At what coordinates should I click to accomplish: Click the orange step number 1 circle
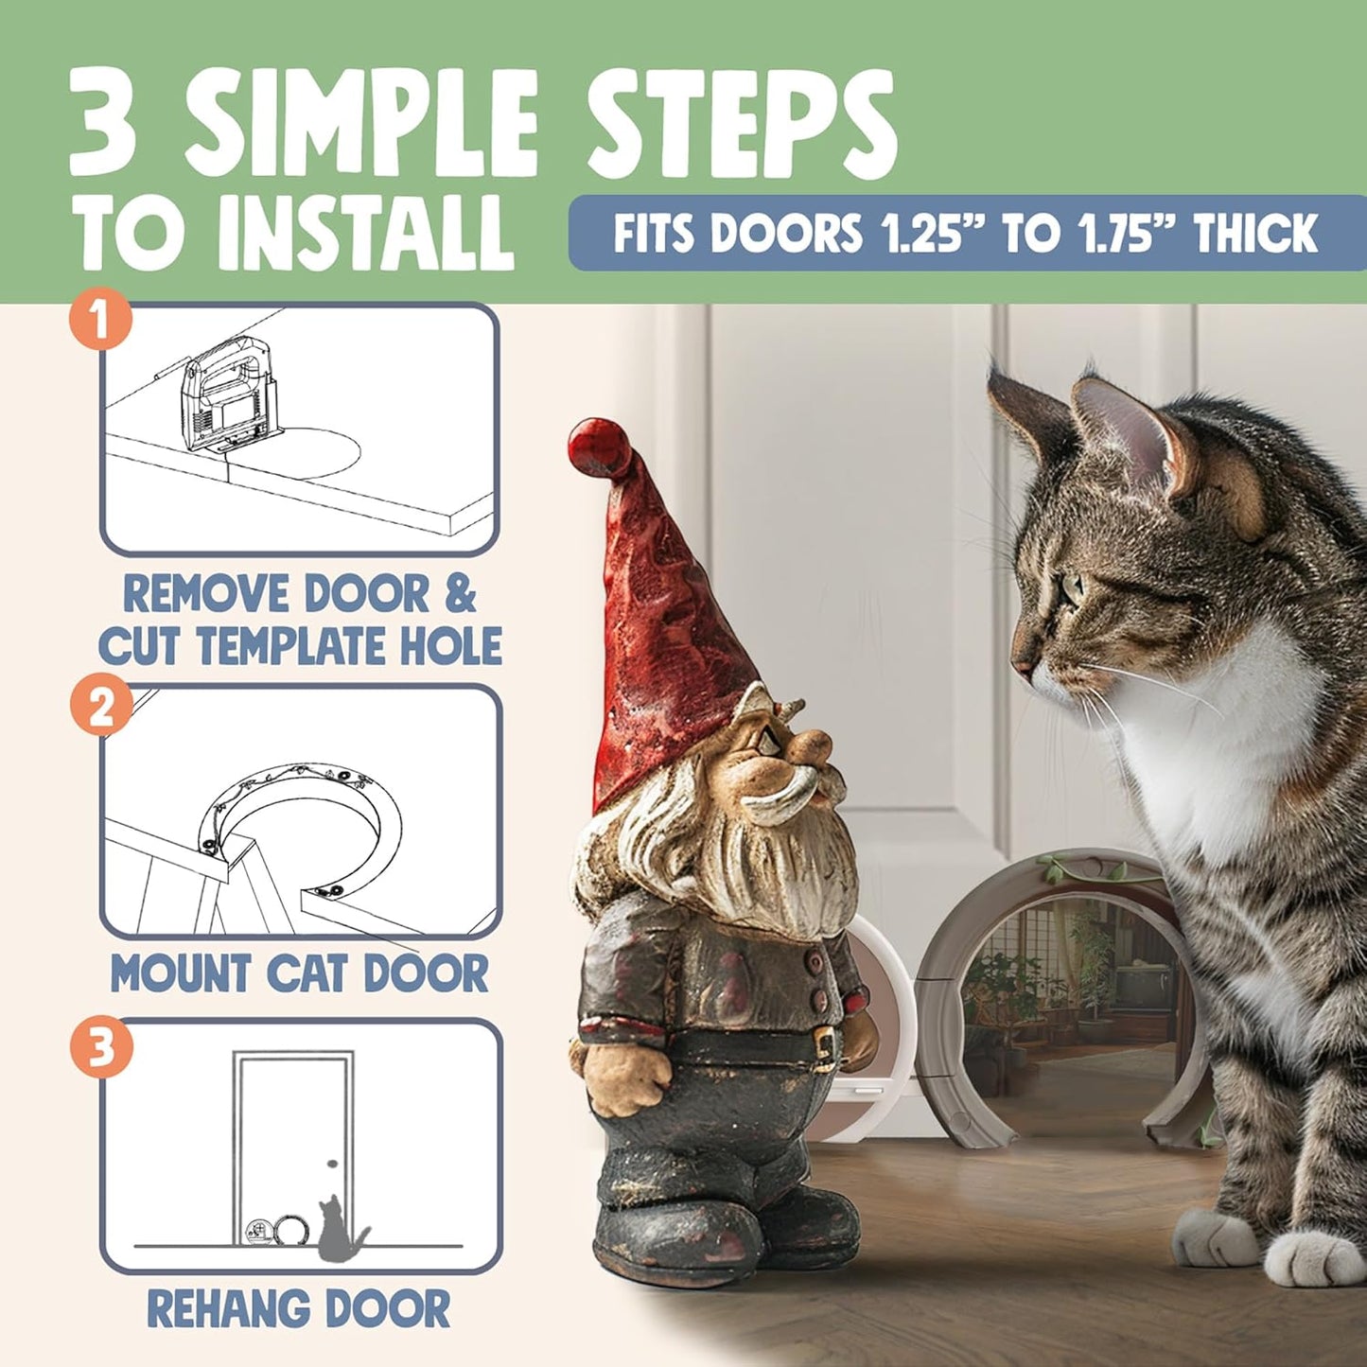point(101,321)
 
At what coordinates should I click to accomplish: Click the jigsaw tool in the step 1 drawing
point(225,394)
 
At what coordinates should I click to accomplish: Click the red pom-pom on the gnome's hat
point(599,449)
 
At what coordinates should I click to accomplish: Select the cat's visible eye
point(1072,589)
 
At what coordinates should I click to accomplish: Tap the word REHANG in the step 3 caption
point(218,1309)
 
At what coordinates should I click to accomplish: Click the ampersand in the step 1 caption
point(460,594)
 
